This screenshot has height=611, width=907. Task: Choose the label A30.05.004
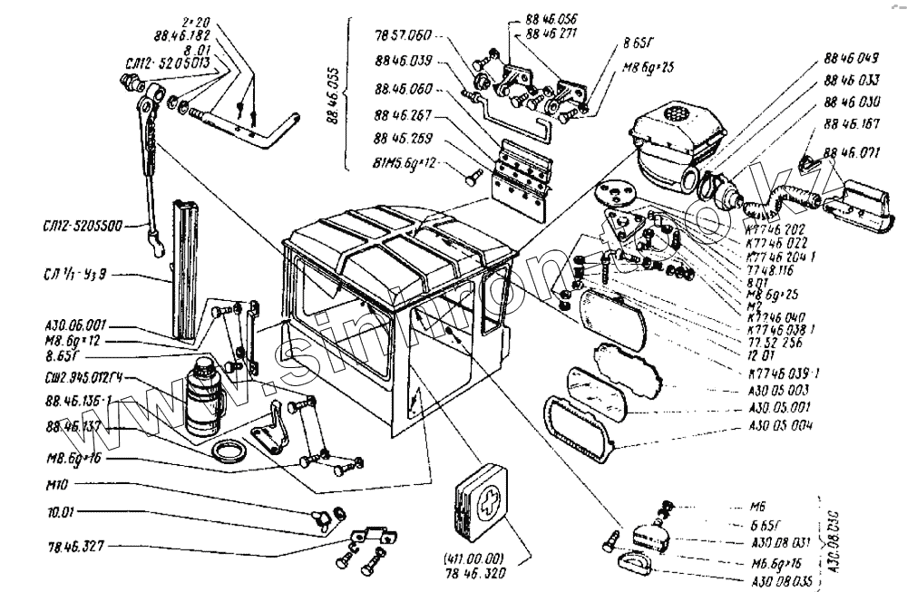click(781, 426)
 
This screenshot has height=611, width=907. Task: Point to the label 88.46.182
click(182, 36)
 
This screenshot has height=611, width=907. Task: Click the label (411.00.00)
click(474, 558)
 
